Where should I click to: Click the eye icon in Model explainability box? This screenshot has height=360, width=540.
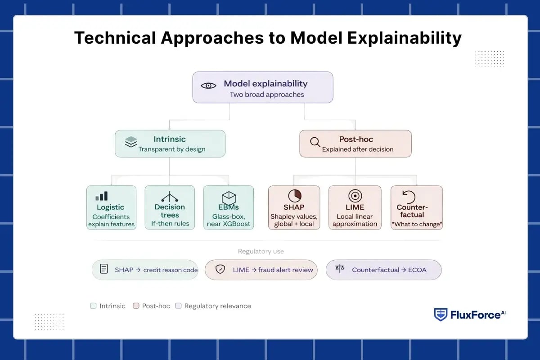(x=208, y=85)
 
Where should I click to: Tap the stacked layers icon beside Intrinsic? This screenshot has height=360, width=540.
(x=131, y=142)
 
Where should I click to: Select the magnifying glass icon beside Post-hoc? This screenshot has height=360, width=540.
(x=315, y=142)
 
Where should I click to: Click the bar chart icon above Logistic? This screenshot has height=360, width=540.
(x=102, y=196)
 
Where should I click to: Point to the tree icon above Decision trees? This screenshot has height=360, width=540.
(x=170, y=197)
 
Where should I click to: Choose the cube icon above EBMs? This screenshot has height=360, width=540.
(x=229, y=198)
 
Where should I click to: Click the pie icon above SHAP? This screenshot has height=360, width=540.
(x=294, y=196)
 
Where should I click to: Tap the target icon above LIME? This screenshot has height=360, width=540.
(x=355, y=196)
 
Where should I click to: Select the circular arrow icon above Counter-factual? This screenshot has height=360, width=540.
(x=409, y=197)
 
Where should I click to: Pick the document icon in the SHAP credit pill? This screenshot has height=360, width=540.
(x=104, y=270)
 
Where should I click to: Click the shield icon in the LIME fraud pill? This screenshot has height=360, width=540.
(x=220, y=270)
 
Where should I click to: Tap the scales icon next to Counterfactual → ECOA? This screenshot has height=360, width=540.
(x=340, y=269)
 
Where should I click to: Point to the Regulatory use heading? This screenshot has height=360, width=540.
(x=261, y=252)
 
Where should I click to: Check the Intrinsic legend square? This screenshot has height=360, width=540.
(x=93, y=306)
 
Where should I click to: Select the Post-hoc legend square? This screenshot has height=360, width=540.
(x=136, y=306)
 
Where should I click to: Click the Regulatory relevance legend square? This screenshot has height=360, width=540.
(x=178, y=306)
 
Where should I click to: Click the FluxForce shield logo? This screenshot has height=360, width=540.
(x=441, y=315)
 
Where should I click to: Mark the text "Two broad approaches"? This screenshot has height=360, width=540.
(x=267, y=94)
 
